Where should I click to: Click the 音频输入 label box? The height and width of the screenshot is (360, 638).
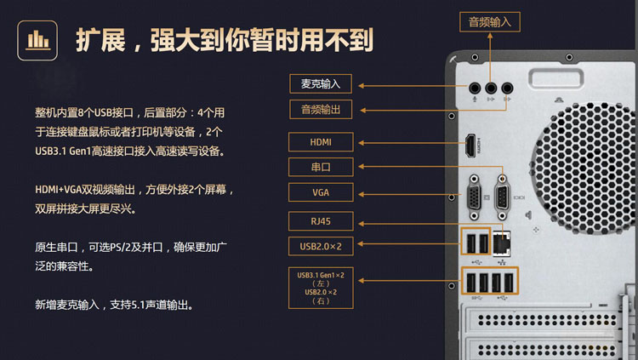[490, 22]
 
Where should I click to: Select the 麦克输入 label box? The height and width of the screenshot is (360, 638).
[321, 84]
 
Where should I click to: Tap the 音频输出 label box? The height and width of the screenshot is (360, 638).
[321, 110]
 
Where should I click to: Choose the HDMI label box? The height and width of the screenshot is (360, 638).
[321, 142]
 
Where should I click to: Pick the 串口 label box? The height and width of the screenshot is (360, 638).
[321, 167]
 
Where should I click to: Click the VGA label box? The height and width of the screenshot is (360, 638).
[321, 192]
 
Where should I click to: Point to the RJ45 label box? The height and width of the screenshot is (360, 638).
[321, 221]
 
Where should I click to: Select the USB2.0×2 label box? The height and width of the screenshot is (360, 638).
[321, 246]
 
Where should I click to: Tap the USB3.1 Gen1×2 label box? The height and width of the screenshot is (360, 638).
[321, 288]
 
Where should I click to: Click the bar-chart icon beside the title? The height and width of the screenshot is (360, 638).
[37, 40]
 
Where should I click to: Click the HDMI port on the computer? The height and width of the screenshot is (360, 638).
[470, 146]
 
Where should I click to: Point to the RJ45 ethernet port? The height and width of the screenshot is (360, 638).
[501, 243]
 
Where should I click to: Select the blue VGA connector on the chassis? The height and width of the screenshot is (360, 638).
[474, 198]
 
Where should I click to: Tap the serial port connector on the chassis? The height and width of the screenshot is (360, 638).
[502, 198]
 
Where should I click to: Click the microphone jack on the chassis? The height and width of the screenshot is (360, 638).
[475, 88]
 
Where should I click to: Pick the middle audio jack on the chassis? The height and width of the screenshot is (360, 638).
[491, 88]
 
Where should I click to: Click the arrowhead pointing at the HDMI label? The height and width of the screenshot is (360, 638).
[361, 143]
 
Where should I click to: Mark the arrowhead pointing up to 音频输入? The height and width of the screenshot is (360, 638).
[490, 36]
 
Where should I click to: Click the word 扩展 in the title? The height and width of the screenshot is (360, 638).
[100, 40]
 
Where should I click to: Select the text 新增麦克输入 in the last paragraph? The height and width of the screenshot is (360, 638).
[67, 305]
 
